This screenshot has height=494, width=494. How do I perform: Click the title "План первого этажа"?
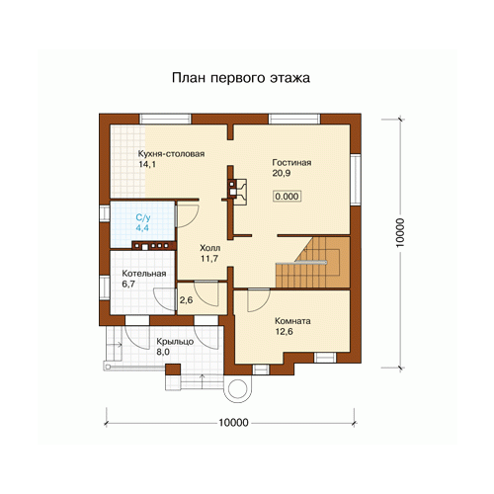tap(241, 78)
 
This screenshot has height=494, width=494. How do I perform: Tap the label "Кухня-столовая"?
tap(171, 154)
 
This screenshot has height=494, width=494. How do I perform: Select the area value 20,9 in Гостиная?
tap(282, 173)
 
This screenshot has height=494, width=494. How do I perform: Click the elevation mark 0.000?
tap(287, 197)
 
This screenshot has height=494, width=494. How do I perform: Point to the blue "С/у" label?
tap(143, 217)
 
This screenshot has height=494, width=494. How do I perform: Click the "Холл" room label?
tap(210, 248)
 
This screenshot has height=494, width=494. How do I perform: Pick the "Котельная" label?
tap(144, 274)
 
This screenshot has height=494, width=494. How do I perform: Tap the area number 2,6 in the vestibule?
tap(186, 300)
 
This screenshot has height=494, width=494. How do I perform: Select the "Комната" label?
tap(292, 321)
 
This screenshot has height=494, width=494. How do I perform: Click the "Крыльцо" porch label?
tap(175, 342)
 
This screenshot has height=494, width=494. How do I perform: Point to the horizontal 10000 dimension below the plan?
tap(233, 423)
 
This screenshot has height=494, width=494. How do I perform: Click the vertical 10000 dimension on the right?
tap(400, 232)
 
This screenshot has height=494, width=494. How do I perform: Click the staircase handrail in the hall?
tap(301, 263)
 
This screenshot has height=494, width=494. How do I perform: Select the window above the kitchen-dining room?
tap(165, 119)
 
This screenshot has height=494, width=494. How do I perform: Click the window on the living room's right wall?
tap(356, 179)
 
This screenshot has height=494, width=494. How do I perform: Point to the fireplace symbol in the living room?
tap(237, 192)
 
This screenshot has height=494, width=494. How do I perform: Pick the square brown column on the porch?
tap(173, 370)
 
